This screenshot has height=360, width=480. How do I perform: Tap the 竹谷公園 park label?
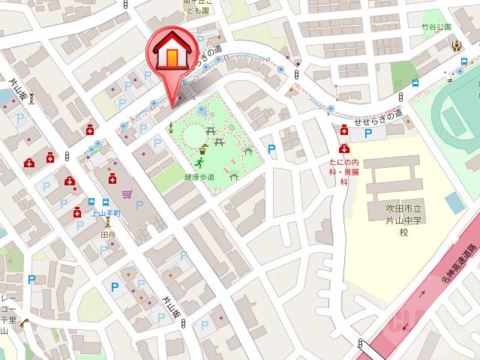pos(436,27)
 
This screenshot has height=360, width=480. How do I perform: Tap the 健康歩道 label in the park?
pos(198,177)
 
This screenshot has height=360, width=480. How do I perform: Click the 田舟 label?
pos(108,234)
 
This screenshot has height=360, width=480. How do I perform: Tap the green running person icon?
pos(199,162)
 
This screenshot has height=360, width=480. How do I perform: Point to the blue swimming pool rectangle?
pos(454,202)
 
